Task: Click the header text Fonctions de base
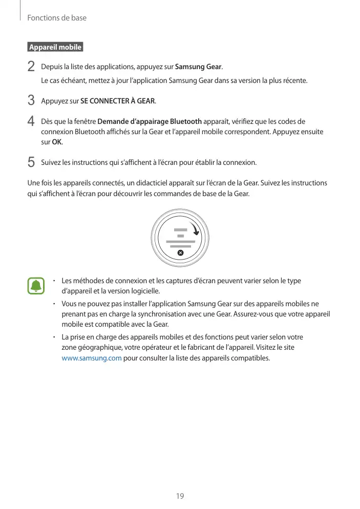(x=57, y=18)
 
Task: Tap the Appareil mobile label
(x=55, y=48)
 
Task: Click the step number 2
(x=31, y=67)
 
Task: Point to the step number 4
(x=31, y=122)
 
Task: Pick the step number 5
(x=31, y=163)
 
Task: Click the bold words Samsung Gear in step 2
(x=199, y=68)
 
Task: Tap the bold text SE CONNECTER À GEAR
(x=118, y=101)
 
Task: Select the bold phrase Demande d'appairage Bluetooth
(x=150, y=122)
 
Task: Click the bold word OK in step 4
(x=57, y=142)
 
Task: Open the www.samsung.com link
(x=91, y=358)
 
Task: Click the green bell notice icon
(x=36, y=286)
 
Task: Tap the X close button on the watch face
(x=180, y=253)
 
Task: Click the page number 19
(x=180, y=496)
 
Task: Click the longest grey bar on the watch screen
(x=180, y=241)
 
